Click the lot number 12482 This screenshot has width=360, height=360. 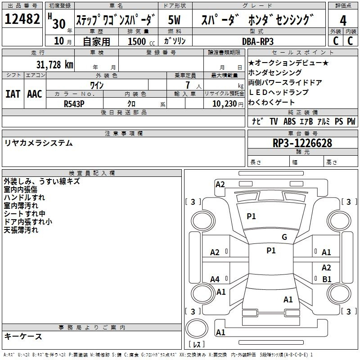(22, 19)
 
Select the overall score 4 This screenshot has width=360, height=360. (343, 21)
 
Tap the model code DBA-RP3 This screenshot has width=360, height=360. (258, 41)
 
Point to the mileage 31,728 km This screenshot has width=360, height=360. (54, 65)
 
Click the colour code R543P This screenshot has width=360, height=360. (74, 104)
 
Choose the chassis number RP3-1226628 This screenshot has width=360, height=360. (302, 143)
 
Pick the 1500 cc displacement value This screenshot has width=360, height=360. (141, 41)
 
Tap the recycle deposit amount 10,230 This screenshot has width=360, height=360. (224, 104)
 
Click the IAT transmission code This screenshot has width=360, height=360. (13, 94)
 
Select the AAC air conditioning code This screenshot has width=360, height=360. (35, 94)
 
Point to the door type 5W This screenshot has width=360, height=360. (174, 20)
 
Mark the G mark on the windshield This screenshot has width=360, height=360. (284, 237)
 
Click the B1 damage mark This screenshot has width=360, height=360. (327, 279)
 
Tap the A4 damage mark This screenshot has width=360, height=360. (215, 279)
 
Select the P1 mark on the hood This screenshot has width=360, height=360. (251, 216)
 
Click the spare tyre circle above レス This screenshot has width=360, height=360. (197, 328)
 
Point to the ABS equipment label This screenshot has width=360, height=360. (289, 121)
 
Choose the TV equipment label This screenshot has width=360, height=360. (274, 121)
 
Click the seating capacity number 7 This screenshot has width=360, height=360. (188, 85)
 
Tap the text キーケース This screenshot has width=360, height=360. (23, 337)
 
